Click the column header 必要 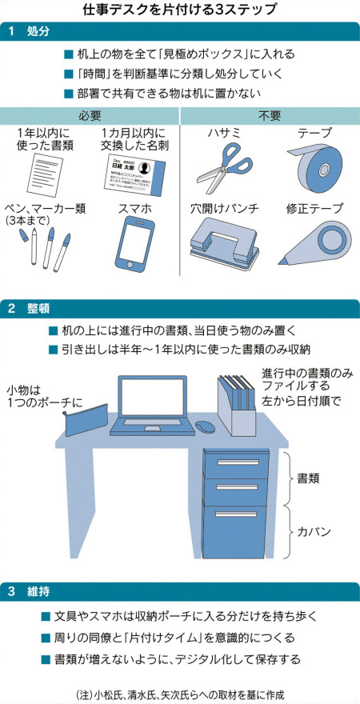coord(90,115)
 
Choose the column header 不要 coord(270,115)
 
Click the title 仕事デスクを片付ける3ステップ coord(180,10)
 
